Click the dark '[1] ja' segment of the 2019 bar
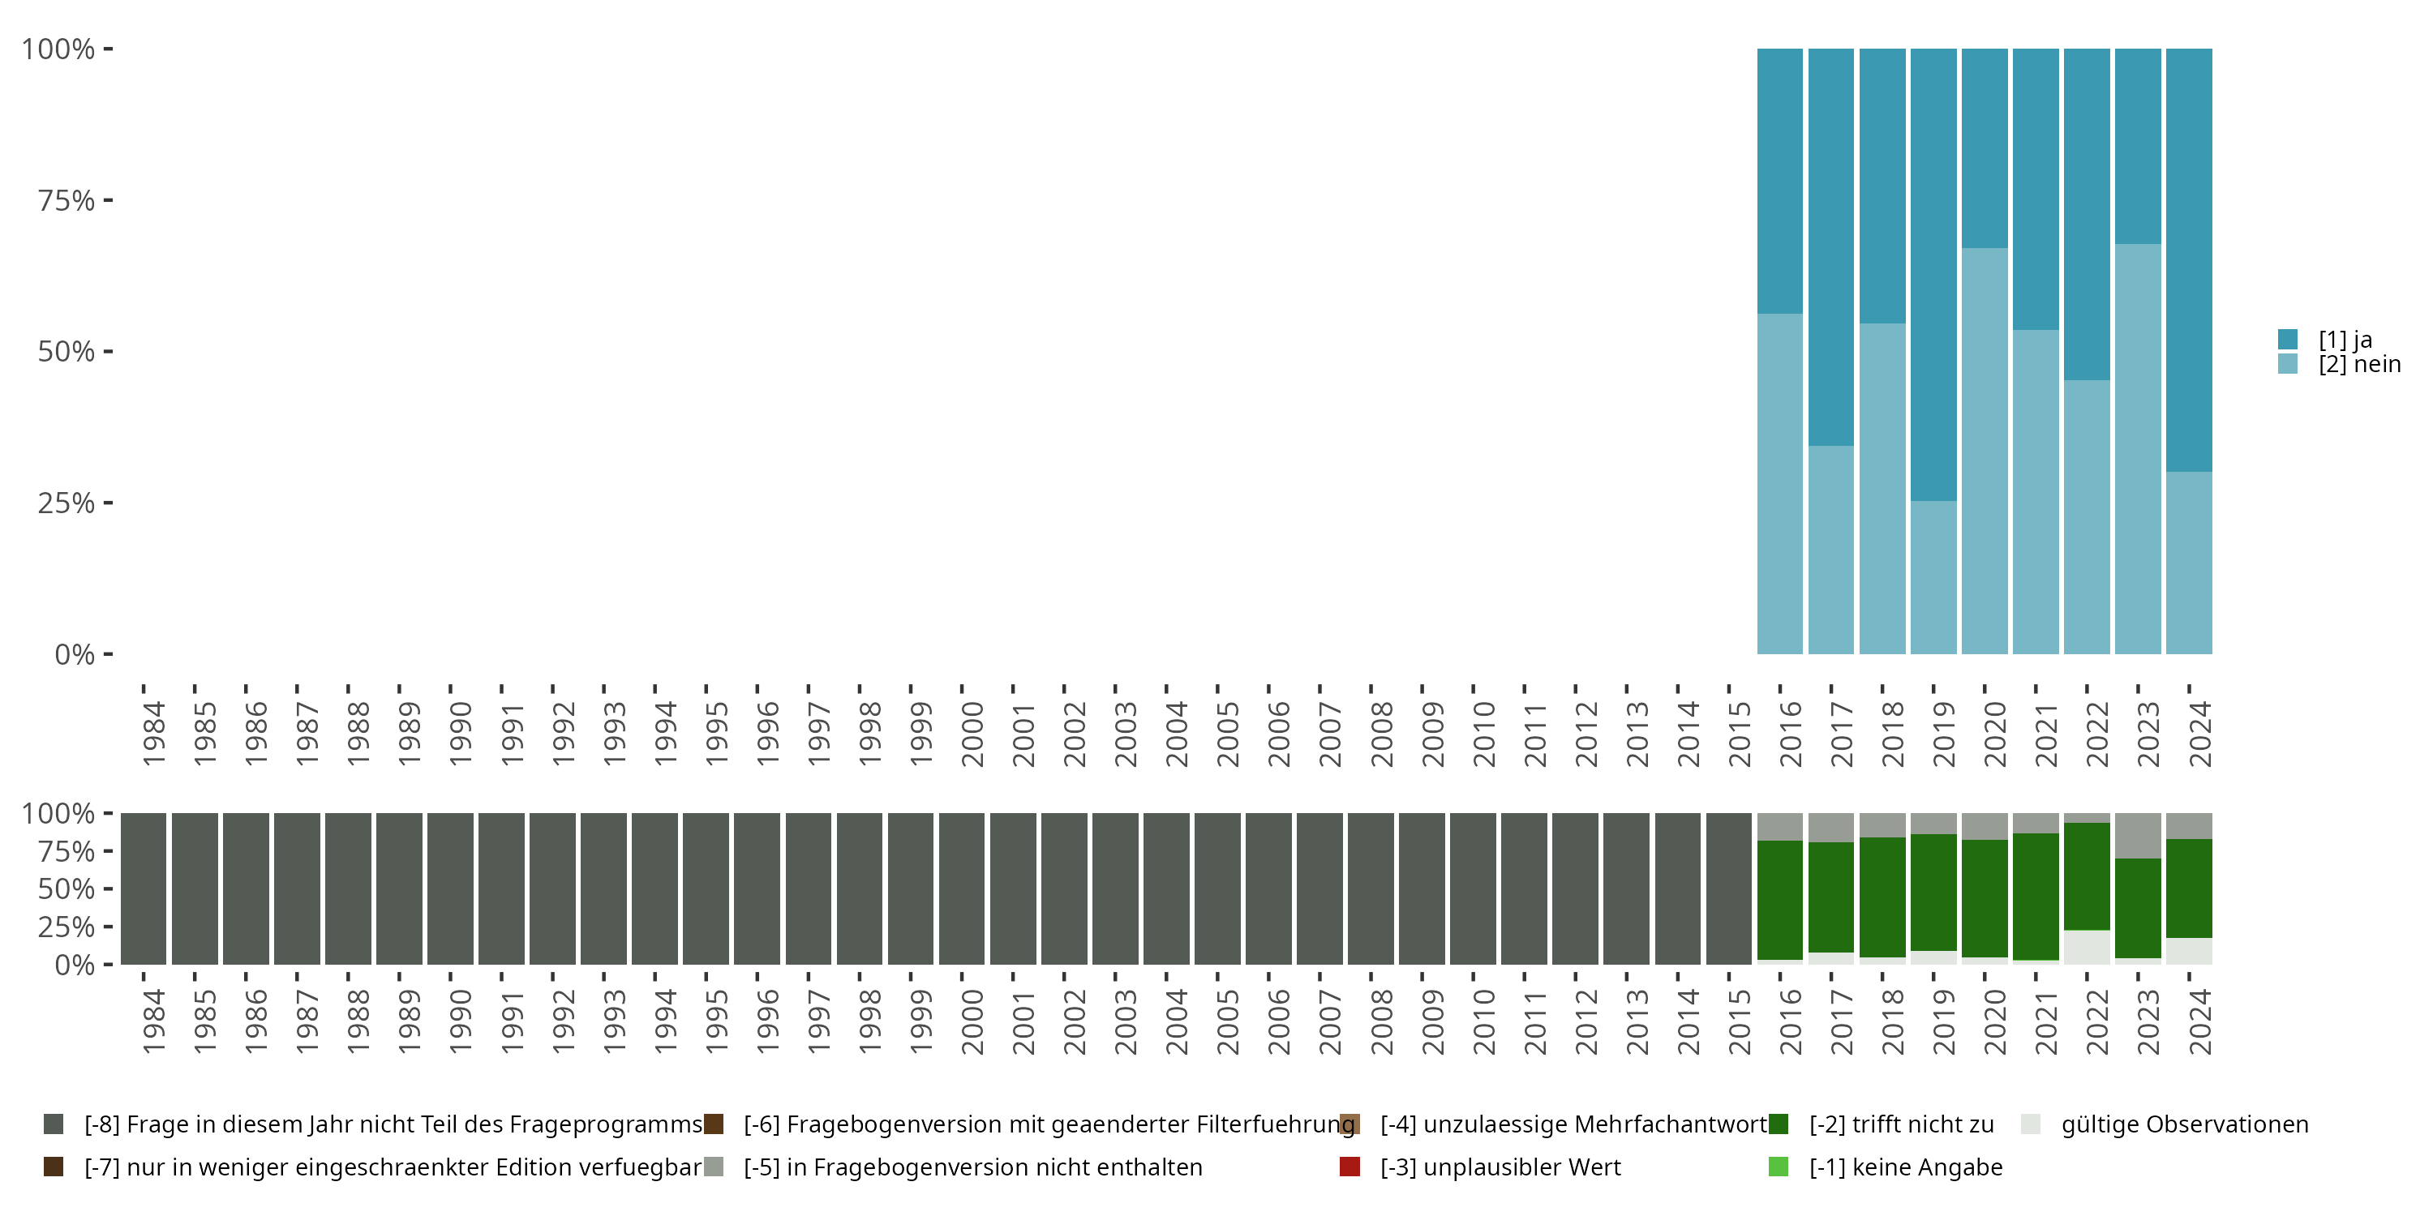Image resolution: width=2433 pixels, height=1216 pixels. [x=1933, y=274]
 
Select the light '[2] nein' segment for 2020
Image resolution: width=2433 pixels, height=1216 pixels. [x=1984, y=451]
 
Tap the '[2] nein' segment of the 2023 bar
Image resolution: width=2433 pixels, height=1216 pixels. [x=2137, y=448]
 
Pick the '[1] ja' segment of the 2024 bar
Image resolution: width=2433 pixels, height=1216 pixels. [x=2188, y=259]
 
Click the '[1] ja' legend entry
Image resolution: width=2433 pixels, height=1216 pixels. [x=2345, y=339]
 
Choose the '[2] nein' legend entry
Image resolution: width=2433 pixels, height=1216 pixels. [x=2358, y=365]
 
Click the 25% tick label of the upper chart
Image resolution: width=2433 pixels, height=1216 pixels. [x=67, y=503]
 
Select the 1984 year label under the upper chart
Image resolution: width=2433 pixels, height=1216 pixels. [x=154, y=734]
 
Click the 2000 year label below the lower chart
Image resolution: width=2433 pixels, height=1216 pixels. [x=972, y=1021]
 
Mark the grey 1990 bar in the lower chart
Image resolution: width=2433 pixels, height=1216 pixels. [x=449, y=888]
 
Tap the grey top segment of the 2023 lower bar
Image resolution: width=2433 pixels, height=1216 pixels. [x=2137, y=835]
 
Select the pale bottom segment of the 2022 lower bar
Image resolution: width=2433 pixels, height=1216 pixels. [x=2087, y=947]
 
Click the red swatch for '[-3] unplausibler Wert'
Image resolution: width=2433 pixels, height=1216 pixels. [x=1350, y=1167]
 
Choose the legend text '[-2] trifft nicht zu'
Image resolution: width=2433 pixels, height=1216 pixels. [x=1900, y=1124]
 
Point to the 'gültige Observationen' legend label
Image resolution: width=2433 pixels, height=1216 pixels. [x=2184, y=1124]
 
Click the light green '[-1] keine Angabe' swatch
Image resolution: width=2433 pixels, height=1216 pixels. [x=1778, y=1167]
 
